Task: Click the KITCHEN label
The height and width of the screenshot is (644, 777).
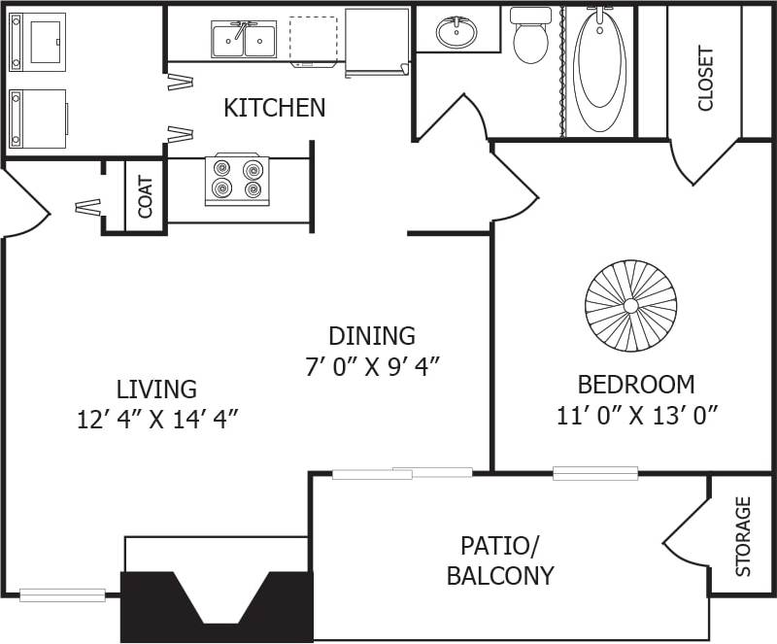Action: (274, 108)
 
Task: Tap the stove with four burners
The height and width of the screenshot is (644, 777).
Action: (237, 180)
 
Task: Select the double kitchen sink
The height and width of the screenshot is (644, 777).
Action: (244, 40)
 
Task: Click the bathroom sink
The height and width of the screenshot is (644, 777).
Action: (456, 32)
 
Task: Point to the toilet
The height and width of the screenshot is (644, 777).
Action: (530, 35)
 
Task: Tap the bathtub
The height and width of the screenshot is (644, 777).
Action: (599, 71)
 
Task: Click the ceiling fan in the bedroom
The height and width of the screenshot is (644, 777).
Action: (630, 306)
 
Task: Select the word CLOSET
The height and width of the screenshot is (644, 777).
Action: (705, 79)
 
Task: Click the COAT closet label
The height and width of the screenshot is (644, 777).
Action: (146, 196)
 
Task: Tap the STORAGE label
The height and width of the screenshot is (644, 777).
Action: (743, 536)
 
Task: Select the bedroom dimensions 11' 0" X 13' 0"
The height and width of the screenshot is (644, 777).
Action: (636, 416)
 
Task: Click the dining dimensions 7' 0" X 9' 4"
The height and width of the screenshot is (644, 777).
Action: (372, 367)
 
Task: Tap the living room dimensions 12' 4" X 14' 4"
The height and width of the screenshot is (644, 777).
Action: (157, 420)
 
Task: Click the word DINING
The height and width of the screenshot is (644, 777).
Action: (372, 336)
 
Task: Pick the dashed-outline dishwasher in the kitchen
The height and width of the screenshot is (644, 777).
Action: (314, 40)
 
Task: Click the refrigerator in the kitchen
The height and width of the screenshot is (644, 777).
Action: (377, 40)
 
